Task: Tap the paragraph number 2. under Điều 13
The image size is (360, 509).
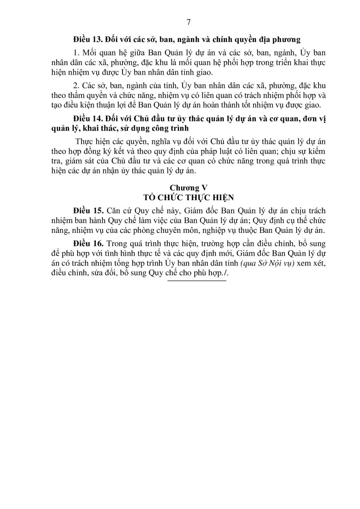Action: [76, 85]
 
